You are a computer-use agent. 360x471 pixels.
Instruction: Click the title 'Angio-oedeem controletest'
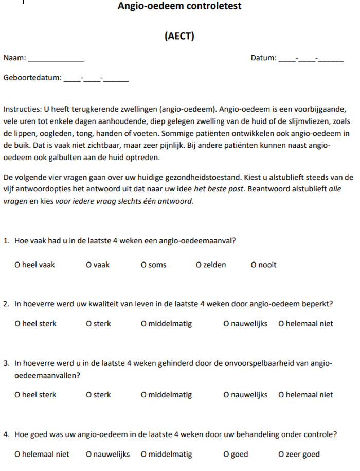tap(179, 7)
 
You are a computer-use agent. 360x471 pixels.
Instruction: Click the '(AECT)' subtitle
tap(179, 37)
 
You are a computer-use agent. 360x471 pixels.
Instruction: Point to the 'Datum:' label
tap(263, 58)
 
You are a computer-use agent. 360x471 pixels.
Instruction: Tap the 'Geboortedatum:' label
tap(32, 78)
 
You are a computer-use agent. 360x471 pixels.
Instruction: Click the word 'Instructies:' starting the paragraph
tap(23, 110)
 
